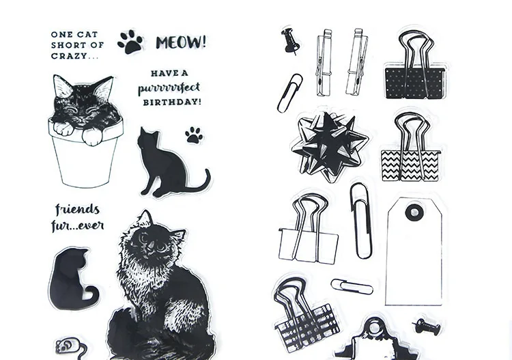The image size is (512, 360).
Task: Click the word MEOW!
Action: pyautogui.click(x=181, y=42)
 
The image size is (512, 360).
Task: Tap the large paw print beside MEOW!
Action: pyautogui.click(x=130, y=42)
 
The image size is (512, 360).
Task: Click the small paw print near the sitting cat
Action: pyautogui.click(x=194, y=135)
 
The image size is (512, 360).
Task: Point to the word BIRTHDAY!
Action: pyautogui.click(x=172, y=102)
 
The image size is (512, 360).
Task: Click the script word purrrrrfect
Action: pyautogui.click(x=169, y=88)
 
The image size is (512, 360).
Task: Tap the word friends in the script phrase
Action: pyautogui.click(x=77, y=210)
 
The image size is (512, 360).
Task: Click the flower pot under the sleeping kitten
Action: pyautogui.click(x=85, y=157)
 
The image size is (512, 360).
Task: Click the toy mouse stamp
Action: pyautogui.click(x=68, y=347)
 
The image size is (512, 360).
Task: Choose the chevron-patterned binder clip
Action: pyautogui.click(x=411, y=149)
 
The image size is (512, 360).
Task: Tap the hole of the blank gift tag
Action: pyautogui.click(x=414, y=212)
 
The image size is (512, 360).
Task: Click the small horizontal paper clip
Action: pyautogui.click(x=352, y=287)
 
